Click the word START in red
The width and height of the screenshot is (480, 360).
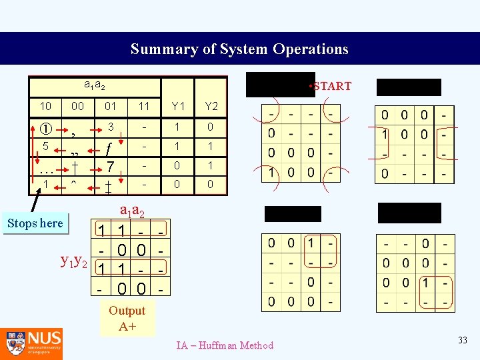pos(332,86)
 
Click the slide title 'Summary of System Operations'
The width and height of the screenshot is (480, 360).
pos(239,49)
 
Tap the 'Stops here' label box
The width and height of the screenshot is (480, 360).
pos(35,223)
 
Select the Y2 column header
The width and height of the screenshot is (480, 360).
pos(211,106)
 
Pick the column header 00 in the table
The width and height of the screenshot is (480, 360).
pos(77,106)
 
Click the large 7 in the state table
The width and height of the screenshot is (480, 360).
pos(111,165)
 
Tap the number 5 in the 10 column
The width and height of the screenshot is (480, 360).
pos(45,145)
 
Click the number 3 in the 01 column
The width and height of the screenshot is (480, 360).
pos(111,127)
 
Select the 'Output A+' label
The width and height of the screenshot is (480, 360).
pos(127,318)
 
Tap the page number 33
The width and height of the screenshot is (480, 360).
pos(463,341)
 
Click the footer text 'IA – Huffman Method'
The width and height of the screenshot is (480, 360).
pos(225,345)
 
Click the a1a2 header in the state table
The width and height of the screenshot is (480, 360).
pos(94,86)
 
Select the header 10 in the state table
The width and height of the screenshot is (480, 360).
pos(45,106)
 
